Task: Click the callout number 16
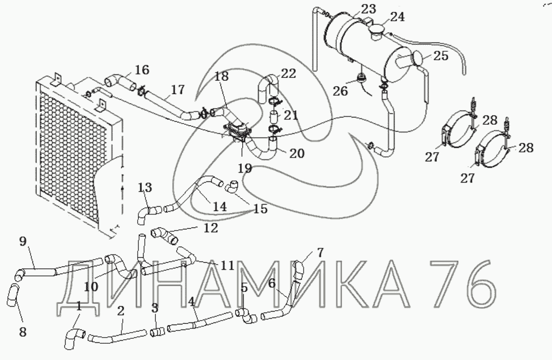(x=142, y=70)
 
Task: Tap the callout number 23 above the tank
(x=368, y=9)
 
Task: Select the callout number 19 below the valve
(x=245, y=168)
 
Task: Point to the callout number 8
(x=23, y=331)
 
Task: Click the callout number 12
(x=211, y=228)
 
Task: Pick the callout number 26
(x=340, y=91)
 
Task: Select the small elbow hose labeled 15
(x=231, y=186)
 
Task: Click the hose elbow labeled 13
(x=148, y=213)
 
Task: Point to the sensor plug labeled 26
(x=361, y=79)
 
